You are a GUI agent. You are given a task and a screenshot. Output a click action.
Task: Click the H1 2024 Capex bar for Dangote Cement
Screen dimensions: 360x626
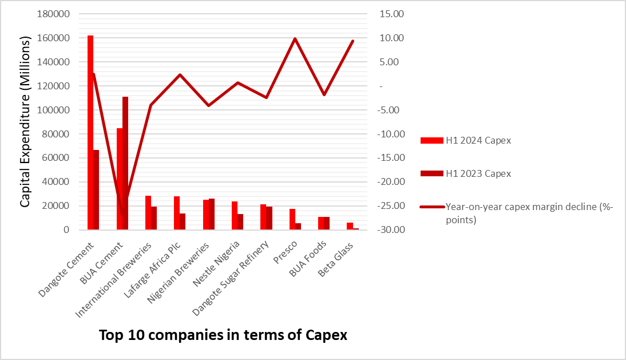(x=90, y=132)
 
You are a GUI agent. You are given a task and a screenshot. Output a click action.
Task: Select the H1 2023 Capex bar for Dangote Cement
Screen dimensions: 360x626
(x=96, y=189)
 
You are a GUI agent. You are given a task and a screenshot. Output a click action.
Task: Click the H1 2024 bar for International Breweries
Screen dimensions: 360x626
(x=148, y=212)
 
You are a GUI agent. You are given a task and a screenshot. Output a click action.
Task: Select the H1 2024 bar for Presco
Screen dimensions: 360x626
(x=292, y=219)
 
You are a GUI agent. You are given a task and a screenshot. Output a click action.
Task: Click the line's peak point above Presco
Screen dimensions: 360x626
(x=295, y=39)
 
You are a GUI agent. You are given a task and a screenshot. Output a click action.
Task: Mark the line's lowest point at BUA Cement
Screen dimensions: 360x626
(x=122, y=216)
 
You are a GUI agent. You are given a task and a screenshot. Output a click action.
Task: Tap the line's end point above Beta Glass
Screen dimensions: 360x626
(x=352, y=41)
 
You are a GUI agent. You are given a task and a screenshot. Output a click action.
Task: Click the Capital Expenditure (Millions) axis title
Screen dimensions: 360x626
(x=26, y=122)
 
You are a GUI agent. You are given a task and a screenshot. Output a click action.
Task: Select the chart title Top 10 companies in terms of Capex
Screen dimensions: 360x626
(x=223, y=335)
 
